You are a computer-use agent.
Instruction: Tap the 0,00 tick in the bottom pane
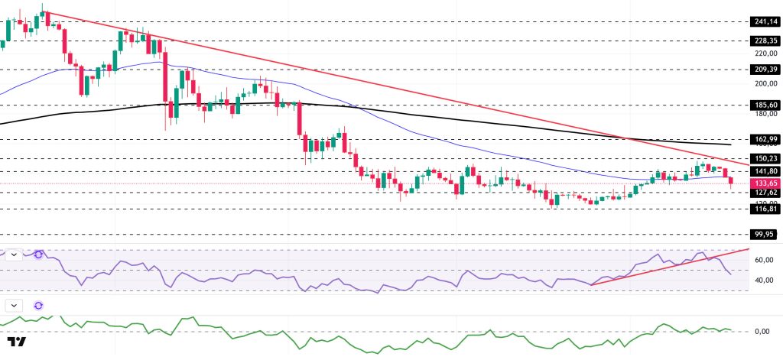pyautogui.click(x=762, y=331)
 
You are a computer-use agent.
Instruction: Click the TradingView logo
pyautogui.click(x=18, y=342)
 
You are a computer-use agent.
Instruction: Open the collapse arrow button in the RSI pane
pyautogui.click(x=14, y=254)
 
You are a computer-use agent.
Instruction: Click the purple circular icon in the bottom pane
pyautogui.click(x=38, y=305)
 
